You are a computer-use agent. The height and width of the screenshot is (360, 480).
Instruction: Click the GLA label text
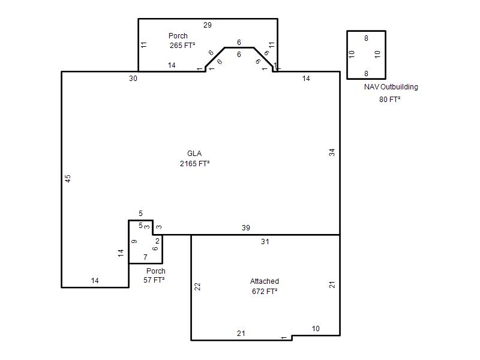(194, 154)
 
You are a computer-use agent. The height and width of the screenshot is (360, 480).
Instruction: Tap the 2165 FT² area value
(194, 163)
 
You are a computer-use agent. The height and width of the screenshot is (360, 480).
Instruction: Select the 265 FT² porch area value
(182, 46)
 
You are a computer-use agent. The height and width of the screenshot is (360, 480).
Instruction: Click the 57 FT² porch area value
(154, 280)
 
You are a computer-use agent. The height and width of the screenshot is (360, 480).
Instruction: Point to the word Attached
(265, 281)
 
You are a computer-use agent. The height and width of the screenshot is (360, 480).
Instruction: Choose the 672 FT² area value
(265, 291)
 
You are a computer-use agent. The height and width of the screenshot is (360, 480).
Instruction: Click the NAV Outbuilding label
(391, 86)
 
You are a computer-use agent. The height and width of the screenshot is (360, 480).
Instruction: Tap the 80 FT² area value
(389, 99)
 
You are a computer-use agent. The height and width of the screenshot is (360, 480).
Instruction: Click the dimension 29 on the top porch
(208, 25)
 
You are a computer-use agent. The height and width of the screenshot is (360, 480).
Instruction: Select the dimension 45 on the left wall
(68, 178)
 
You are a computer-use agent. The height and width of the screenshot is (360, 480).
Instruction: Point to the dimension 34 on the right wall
(332, 152)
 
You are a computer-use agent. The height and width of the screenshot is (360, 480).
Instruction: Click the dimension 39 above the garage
(246, 228)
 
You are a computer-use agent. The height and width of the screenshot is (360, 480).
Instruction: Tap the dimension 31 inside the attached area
(265, 242)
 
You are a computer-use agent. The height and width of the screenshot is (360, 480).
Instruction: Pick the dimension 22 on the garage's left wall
(197, 287)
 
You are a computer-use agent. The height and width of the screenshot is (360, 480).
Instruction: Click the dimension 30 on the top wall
(133, 79)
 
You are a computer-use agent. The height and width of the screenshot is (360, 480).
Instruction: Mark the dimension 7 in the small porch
(145, 257)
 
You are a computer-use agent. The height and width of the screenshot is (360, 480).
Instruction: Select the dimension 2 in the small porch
(157, 241)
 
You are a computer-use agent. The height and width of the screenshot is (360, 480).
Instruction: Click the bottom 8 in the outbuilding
(366, 73)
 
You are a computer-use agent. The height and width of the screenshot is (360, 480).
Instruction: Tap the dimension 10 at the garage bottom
(316, 328)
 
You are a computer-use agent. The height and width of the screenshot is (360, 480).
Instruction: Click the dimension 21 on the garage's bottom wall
(241, 334)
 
